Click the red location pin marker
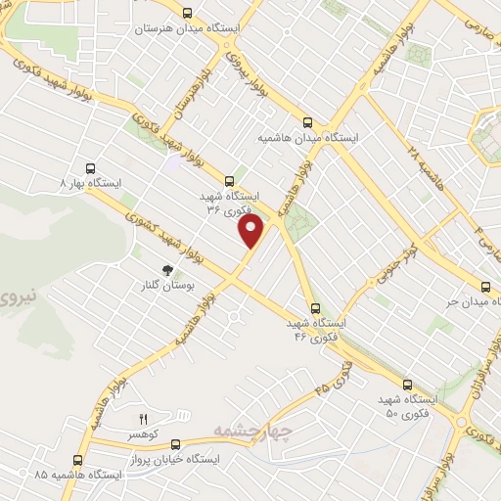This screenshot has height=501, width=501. (252, 231)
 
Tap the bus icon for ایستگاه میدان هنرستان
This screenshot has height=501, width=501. (201, 13)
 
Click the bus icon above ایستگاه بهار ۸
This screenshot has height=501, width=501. (91, 167)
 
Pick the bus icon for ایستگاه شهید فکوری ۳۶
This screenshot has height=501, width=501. (230, 180)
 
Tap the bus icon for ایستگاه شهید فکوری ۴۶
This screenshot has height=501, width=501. (313, 307)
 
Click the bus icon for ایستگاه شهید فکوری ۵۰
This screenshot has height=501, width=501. (407, 385)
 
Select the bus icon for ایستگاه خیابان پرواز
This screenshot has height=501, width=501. (175, 443)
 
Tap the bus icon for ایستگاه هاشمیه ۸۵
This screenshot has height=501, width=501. (77, 459)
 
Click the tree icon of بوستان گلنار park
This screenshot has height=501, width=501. (167, 268)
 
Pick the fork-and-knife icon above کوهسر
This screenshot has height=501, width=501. (143, 418)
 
